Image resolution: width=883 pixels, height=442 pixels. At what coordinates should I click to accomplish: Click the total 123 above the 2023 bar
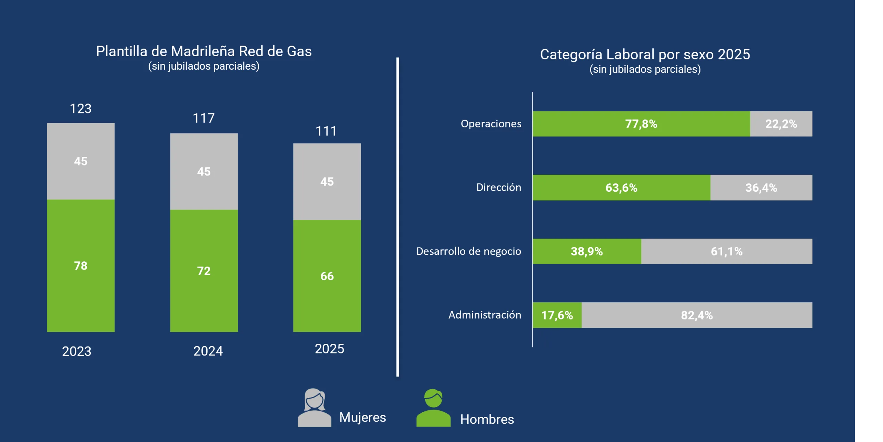point(80,109)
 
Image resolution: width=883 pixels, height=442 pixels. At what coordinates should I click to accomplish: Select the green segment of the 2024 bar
point(204,271)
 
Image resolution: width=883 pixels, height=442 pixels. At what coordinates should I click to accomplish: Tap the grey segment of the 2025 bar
point(327,182)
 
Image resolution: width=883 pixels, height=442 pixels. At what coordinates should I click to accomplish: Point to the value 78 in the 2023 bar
point(81,265)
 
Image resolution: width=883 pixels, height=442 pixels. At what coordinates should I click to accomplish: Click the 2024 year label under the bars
point(208,351)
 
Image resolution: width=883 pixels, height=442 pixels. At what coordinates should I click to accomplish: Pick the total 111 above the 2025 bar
point(326,131)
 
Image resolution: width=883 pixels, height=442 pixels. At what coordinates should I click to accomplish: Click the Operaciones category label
point(491,123)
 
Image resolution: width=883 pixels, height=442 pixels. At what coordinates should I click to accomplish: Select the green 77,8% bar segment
point(641,124)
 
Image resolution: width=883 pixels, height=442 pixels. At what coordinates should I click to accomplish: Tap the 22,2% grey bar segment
point(781,124)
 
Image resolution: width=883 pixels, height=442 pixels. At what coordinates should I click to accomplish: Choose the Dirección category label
point(499,187)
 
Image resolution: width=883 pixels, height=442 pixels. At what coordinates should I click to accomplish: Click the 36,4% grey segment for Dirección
point(761,188)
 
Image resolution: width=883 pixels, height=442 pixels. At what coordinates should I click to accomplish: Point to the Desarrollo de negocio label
point(468,251)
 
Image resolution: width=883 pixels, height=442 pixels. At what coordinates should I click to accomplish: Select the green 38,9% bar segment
point(587,251)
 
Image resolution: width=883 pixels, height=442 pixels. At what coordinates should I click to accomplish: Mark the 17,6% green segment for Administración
point(557,315)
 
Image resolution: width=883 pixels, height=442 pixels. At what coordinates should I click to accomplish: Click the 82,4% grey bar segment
point(697,315)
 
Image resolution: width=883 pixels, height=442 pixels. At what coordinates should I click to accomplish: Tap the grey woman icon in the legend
point(314,408)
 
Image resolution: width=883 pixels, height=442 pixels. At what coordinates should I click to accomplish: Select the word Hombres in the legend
point(487,419)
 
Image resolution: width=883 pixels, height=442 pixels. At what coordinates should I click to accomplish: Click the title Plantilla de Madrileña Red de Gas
point(204,51)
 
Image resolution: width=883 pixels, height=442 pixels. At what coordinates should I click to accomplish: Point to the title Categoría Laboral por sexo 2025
point(645,54)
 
